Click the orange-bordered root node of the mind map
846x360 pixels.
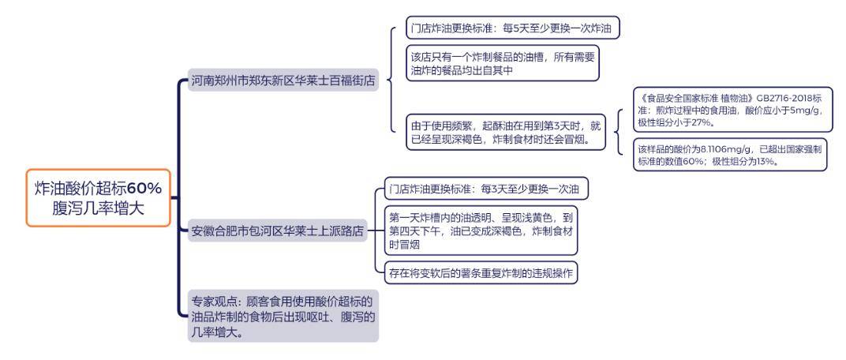(98, 197)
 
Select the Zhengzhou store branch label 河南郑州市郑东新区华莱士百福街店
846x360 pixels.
(283, 81)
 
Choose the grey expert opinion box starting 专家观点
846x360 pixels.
(283, 317)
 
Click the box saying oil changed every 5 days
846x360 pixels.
(512, 28)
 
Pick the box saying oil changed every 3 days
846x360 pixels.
(486, 189)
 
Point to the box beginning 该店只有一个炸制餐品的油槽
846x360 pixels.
(503, 63)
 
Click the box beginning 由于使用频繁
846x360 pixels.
(506, 132)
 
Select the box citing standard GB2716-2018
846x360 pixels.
(732, 109)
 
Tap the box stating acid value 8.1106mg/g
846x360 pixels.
(730, 155)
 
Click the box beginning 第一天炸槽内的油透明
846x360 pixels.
(481, 231)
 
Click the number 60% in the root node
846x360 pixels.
(144, 189)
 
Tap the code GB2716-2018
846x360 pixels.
(782, 99)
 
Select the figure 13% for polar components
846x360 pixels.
(765, 161)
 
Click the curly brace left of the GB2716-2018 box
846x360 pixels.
(619, 132)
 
